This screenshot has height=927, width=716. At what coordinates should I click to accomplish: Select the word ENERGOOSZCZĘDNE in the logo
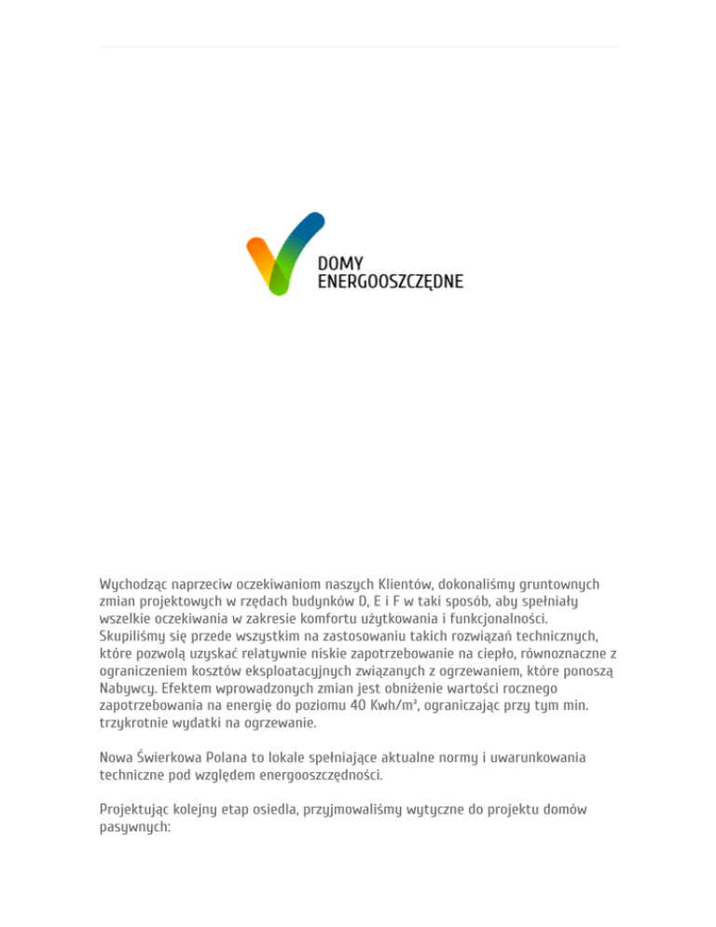(x=391, y=281)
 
